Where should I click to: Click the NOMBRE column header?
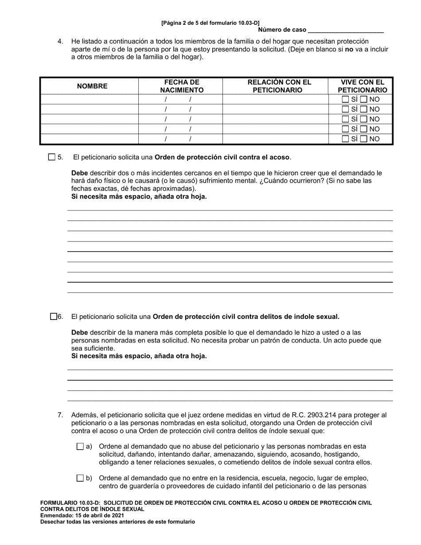[92, 86]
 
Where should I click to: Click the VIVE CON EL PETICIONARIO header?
[362, 86]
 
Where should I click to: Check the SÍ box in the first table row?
[346, 99]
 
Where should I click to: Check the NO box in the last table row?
[363, 139]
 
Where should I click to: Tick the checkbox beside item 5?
[52, 157]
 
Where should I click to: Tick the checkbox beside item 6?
[54, 316]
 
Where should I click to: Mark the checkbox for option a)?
[80, 447]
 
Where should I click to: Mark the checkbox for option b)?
[80, 478]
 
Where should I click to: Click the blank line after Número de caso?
[345, 30]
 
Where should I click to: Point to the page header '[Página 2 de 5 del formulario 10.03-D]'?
[210, 23]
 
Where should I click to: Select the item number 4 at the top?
[60, 41]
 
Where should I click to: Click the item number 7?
[60, 415]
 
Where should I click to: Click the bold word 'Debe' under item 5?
[80, 173]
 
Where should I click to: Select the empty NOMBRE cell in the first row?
[89, 99]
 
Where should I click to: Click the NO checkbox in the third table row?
[363, 119]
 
